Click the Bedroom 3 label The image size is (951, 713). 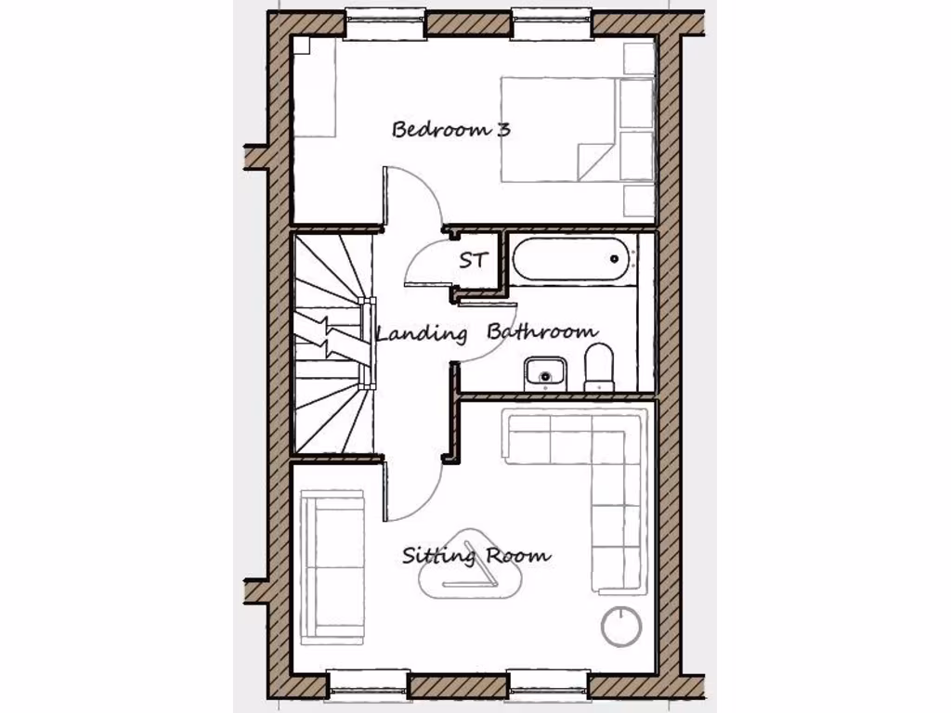click(x=450, y=129)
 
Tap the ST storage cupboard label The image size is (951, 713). click(x=473, y=261)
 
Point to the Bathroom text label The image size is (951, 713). click(x=542, y=331)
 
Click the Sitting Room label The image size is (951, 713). click(x=475, y=556)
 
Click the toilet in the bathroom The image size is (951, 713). click(x=599, y=367)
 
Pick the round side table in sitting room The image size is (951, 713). click(x=621, y=627)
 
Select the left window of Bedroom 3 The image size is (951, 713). click(x=385, y=24)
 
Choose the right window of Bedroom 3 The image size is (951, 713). click(x=551, y=24)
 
